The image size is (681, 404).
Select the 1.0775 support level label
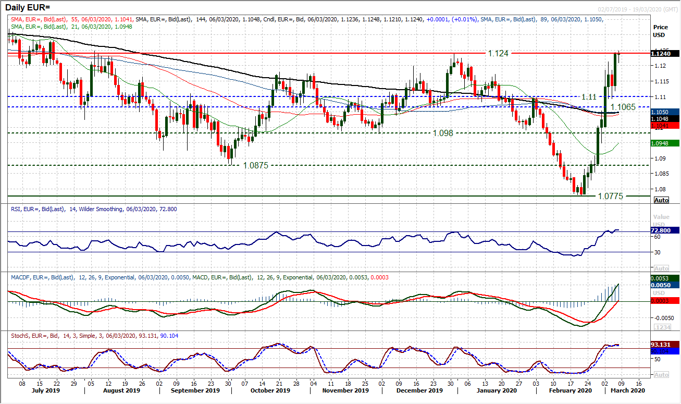(x=611, y=197)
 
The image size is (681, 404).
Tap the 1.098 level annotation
(x=443, y=133)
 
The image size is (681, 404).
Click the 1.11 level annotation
(x=589, y=97)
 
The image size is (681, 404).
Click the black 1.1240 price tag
(x=664, y=53)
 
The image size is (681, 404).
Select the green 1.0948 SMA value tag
(x=664, y=143)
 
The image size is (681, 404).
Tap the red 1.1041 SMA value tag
(x=664, y=126)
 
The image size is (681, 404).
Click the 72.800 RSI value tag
(x=664, y=230)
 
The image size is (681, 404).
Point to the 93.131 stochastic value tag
(x=664, y=345)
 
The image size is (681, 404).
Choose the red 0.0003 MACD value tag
(x=664, y=300)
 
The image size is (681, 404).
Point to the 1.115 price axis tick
(x=661, y=81)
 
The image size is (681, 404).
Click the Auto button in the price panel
(x=661, y=200)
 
